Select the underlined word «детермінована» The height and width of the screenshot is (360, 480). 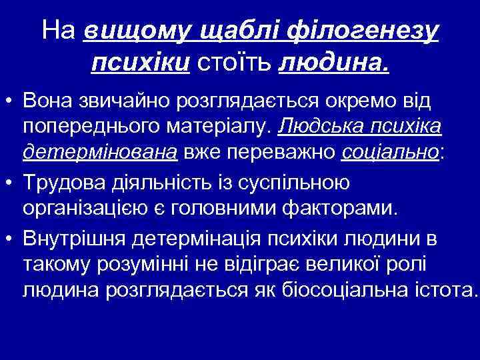point(100,152)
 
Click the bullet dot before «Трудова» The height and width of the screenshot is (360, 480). point(10,182)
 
